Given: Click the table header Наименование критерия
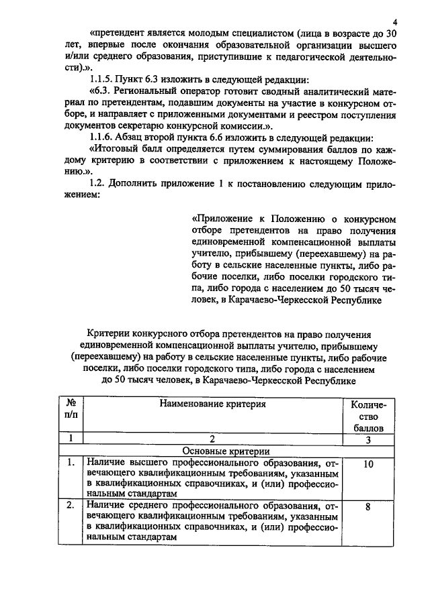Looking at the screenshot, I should pyautogui.click(x=213, y=404).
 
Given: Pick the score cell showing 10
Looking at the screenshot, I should pyautogui.click(x=368, y=463).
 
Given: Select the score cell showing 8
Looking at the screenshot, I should pyautogui.click(x=368, y=508).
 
